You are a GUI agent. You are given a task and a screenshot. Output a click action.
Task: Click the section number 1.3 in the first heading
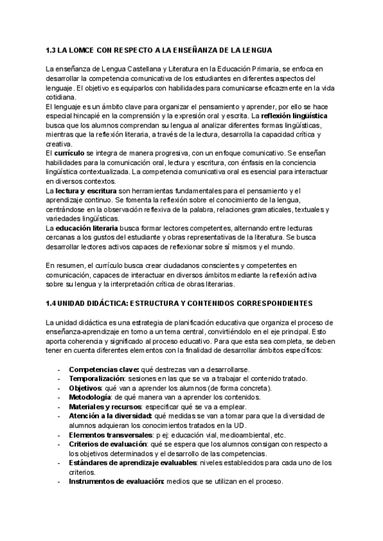pos(52,50)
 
